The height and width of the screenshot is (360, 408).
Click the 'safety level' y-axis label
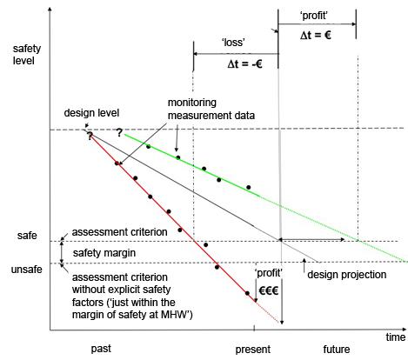coord(27,55)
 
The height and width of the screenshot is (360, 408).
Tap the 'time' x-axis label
coord(396,337)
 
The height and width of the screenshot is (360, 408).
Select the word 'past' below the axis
coord(101,349)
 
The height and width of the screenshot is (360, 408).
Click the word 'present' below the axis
coord(252,350)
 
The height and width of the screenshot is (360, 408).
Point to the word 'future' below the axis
coord(337,349)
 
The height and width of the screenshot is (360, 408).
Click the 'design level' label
coord(91,113)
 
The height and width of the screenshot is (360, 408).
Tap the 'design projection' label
coord(347,275)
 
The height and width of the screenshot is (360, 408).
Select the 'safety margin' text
coord(104,253)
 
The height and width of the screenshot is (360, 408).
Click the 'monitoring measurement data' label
coord(211,109)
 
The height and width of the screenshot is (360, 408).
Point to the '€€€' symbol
coord(269,290)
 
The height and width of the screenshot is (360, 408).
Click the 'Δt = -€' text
coord(245,63)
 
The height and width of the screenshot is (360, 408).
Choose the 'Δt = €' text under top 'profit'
coord(316,36)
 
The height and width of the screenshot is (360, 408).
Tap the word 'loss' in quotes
coord(233,43)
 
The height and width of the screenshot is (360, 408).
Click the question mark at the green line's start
coord(119,133)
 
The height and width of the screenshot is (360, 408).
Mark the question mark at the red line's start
coord(90,136)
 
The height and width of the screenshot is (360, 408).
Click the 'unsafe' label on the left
coord(26,270)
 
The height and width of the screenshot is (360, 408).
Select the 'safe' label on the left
coord(27,236)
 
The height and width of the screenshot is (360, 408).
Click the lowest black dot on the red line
coord(247,293)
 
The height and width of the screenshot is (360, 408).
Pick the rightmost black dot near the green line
coord(249,187)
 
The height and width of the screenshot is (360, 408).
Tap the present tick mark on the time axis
coord(254,329)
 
